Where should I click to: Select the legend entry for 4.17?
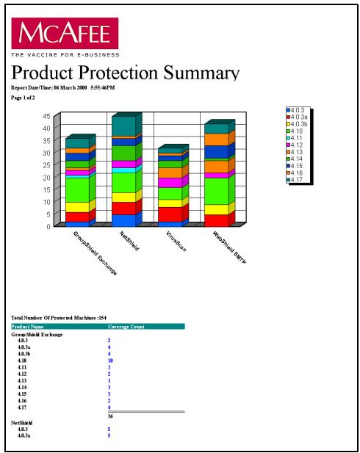[x=299, y=180]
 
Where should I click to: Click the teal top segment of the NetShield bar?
[x=123, y=126]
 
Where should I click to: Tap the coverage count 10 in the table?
[x=110, y=361]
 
